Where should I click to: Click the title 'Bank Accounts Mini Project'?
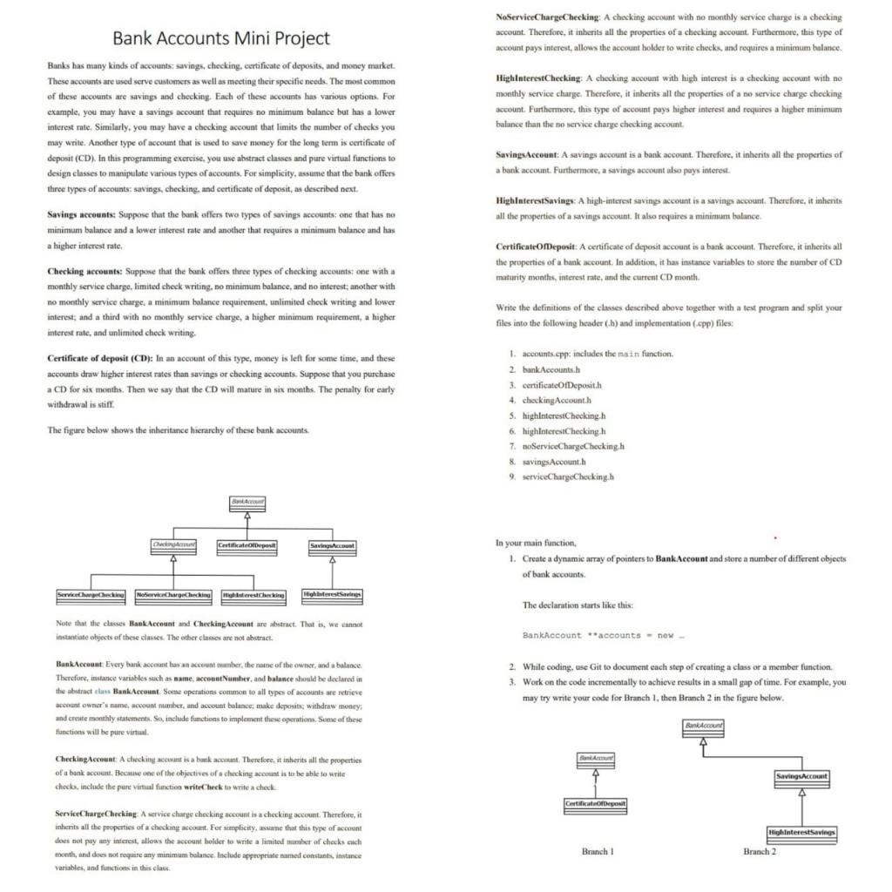point(222,37)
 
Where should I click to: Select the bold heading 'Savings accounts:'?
point(85,214)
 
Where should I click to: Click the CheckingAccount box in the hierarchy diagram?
point(173,545)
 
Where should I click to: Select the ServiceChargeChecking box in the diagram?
point(91,594)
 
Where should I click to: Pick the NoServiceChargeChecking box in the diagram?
point(173,594)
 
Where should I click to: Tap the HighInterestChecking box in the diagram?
point(253,594)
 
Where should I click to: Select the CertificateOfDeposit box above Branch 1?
point(596,801)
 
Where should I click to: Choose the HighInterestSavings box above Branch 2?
point(802,832)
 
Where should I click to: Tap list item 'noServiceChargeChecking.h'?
point(573,446)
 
